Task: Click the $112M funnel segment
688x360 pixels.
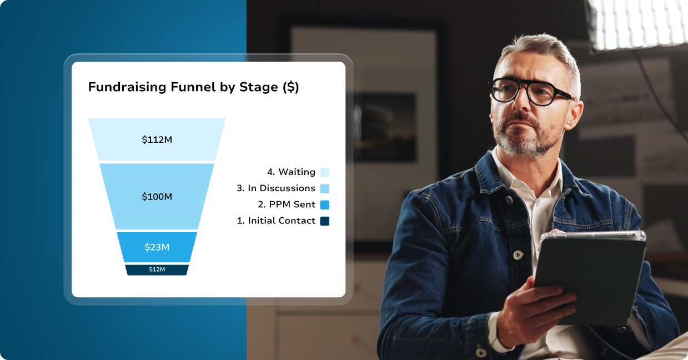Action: click(x=157, y=139)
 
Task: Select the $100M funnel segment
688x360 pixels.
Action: click(x=157, y=196)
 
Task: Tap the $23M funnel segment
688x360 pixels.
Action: click(x=157, y=247)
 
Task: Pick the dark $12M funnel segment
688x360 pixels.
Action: click(x=157, y=269)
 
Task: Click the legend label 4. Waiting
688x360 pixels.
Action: click(x=291, y=172)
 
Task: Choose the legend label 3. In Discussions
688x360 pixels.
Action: click(x=276, y=188)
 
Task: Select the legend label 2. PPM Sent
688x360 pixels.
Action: click(x=287, y=204)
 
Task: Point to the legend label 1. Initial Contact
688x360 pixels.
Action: click(x=276, y=221)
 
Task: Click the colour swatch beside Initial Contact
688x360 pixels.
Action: click(x=325, y=221)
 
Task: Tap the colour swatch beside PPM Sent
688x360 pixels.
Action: click(x=325, y=205)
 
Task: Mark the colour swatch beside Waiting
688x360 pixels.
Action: click(x=325, y=172)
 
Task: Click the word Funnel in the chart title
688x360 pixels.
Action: click(x=193, y=87)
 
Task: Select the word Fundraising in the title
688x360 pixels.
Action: click(x=127, y=87)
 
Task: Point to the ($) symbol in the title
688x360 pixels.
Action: click(x=290, y=87)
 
